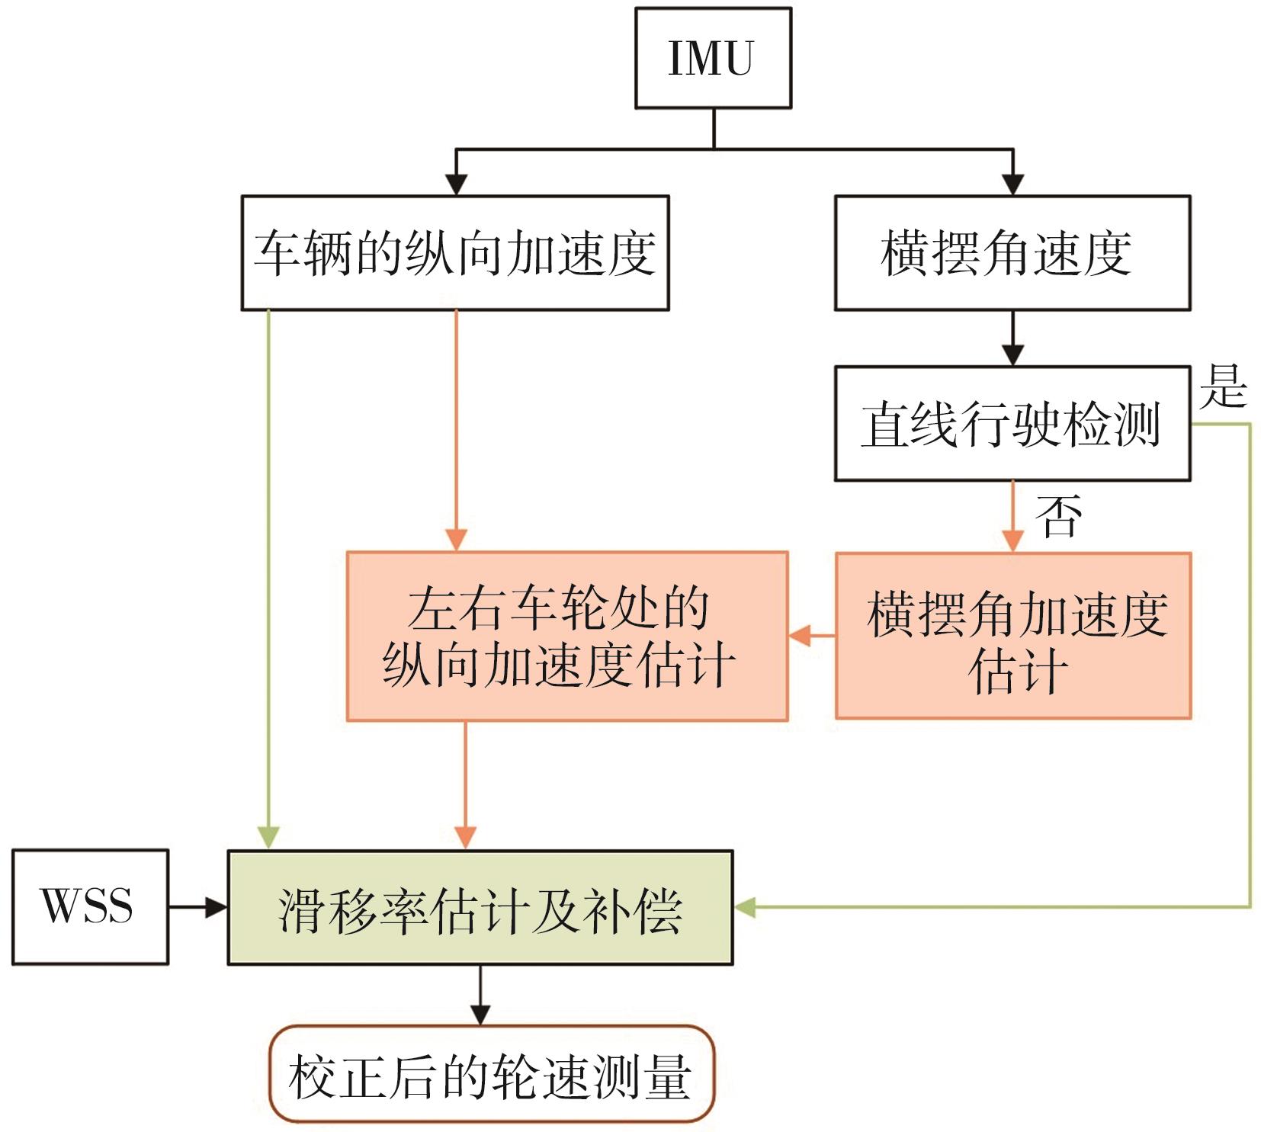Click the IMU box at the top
click(x=713, y=58)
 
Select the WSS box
click(x=90, y=906)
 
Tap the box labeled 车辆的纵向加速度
click(x=455, y=253)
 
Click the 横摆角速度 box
click(x=1012, y=253)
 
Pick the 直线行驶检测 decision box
click(x=1012, y=424)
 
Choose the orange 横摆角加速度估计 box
click(x=1012, y=636)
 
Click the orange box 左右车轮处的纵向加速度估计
click(x=567, y=636)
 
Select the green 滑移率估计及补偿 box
click(x=480, y=907)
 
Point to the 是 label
click(x=1222, y=387)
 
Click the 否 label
click(x=1058, y=516)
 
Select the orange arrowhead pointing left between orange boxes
click(x=799, y=635)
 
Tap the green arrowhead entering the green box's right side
click(x=744, y=907)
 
